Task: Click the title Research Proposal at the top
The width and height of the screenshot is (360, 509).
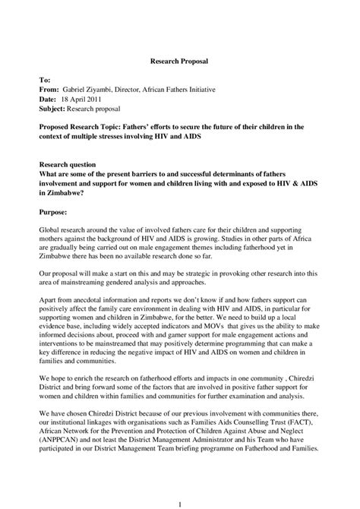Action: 180,58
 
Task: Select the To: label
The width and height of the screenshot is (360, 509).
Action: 45,79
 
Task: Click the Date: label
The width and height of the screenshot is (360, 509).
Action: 48,99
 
